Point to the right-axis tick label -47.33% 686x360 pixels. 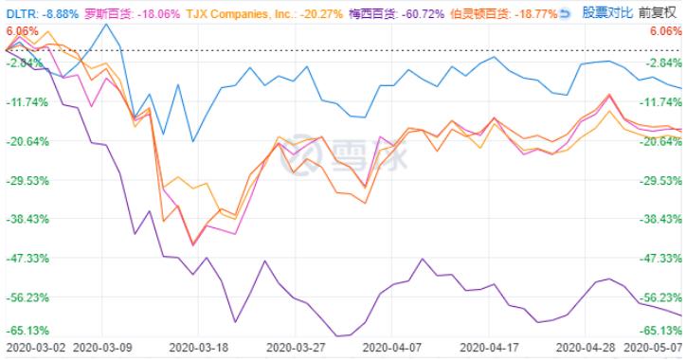(660, 258)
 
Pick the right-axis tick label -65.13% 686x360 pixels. (660, 331)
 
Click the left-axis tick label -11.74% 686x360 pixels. (24, 102)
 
